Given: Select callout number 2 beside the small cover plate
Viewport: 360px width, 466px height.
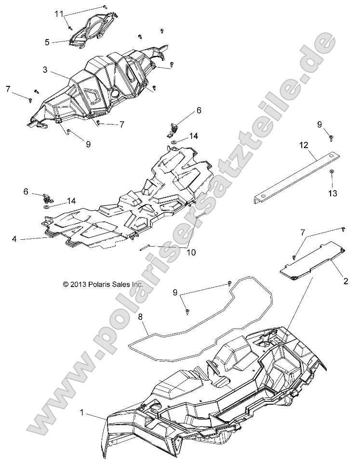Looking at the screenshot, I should (x=346, y=281).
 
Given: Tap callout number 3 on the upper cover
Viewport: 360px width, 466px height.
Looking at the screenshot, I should (x=45, y=69).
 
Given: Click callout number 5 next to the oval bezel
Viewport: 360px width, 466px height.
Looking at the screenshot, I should (x=47, y=42).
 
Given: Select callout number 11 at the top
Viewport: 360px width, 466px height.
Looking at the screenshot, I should (x=59, y=14).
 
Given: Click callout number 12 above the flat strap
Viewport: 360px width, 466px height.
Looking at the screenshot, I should (x=302, y=145).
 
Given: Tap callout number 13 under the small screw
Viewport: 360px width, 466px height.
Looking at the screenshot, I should (x=332, y=193).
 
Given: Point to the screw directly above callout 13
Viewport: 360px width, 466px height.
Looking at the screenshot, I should (x=332, y=172).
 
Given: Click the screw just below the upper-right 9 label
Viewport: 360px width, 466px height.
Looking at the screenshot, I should (x=331, y=138).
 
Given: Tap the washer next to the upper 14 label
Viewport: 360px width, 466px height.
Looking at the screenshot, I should (x=173, y=143).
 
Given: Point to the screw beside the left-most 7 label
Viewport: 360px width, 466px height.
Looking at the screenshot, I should (x=30, y=100).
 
